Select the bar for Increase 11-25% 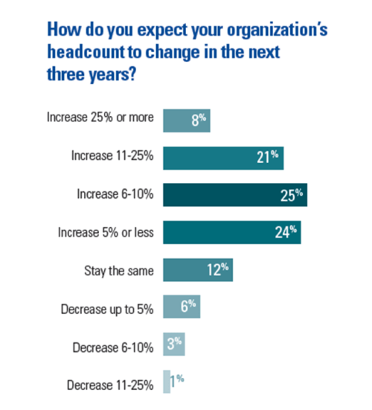pos(222,157)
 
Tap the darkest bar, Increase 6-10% pos(234,195)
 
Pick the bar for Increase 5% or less pos(231,232)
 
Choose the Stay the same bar pos(197,270)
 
